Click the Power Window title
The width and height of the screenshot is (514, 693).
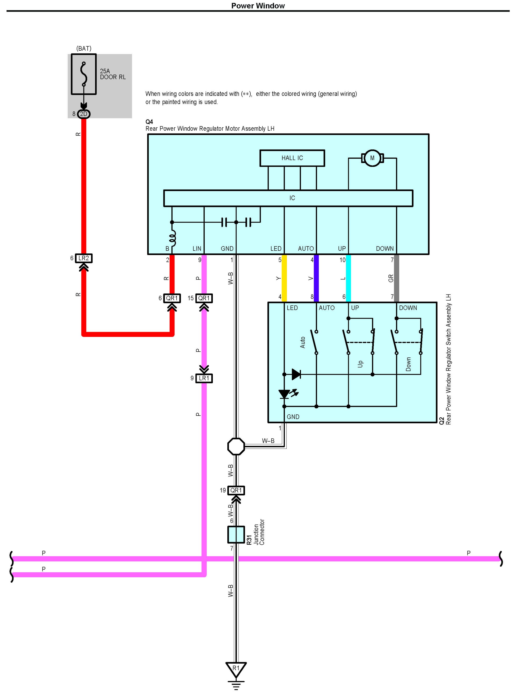coord(258,6)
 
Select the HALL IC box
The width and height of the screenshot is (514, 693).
coord(292,158)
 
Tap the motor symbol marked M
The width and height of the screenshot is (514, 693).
coord(372,158)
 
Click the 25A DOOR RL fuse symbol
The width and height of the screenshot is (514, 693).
coord(84,74)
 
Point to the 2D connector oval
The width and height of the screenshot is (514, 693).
coord(84,114)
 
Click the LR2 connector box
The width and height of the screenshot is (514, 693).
coord(84,258)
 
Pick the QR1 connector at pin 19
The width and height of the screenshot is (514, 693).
coord(236,490)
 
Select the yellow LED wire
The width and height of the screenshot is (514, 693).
coord(284,278)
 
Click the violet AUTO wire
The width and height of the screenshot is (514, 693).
coord(316,278)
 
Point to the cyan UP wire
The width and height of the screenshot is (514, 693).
coord(349,278)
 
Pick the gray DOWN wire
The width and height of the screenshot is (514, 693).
coord(396,278)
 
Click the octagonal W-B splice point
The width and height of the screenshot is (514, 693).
coord(236,447)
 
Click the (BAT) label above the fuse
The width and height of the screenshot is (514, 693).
coord(84,49)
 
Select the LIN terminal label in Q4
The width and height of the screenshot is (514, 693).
coord(197,248)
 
